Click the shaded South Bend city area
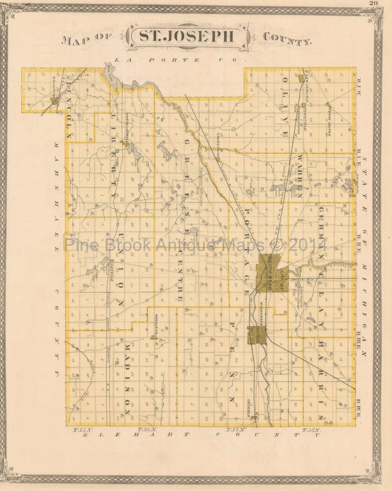coord(270,273)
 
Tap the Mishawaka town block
coord(257,335)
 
